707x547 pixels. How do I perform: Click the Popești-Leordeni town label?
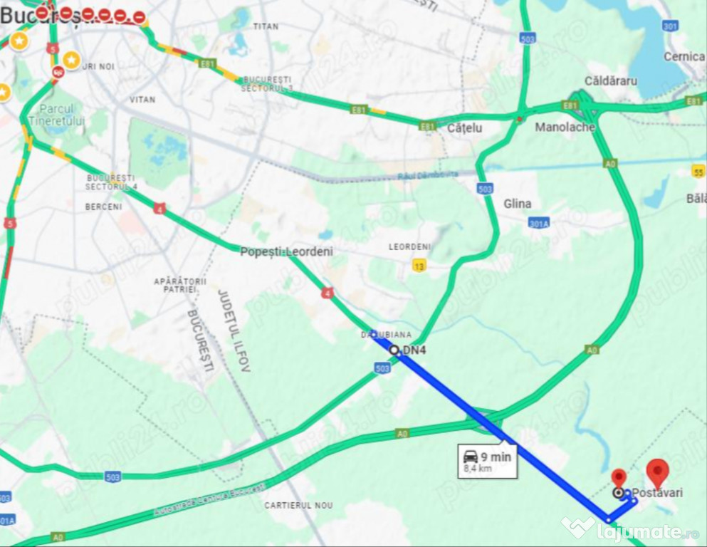[x=286, y=251]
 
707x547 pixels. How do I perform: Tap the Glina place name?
[x=517, y=204]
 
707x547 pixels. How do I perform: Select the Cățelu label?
[x=464, y=128]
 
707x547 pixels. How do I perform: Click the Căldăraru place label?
[x=610, y=80]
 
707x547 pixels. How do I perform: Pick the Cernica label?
[x=684, y=56]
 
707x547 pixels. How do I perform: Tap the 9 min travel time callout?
[x=488, y=462]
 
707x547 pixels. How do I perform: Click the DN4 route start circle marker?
[x=394, y=350]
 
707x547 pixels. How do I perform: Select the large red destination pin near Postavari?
[x=657, y=472]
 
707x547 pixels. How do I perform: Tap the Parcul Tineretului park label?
[x=61, y=115]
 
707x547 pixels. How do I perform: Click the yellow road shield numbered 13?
[x=419, y=266]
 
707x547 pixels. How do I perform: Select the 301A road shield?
[x=539, y=223]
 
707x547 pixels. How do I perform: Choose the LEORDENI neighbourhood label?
[x=409, y=246]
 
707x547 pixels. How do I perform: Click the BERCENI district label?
[x=103, y=207]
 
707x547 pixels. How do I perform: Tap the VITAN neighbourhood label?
[x=142, y=100]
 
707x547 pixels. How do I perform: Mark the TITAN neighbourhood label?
[x=266, y=26]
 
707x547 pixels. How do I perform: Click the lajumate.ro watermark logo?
[x=629, y=529]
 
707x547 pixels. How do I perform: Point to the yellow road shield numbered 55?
[x=698, y=171]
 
